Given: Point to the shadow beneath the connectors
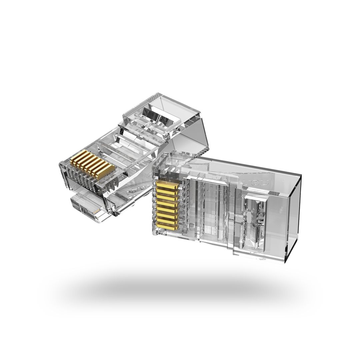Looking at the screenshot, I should [180, 287].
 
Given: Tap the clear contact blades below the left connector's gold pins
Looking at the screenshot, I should [83, 180].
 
